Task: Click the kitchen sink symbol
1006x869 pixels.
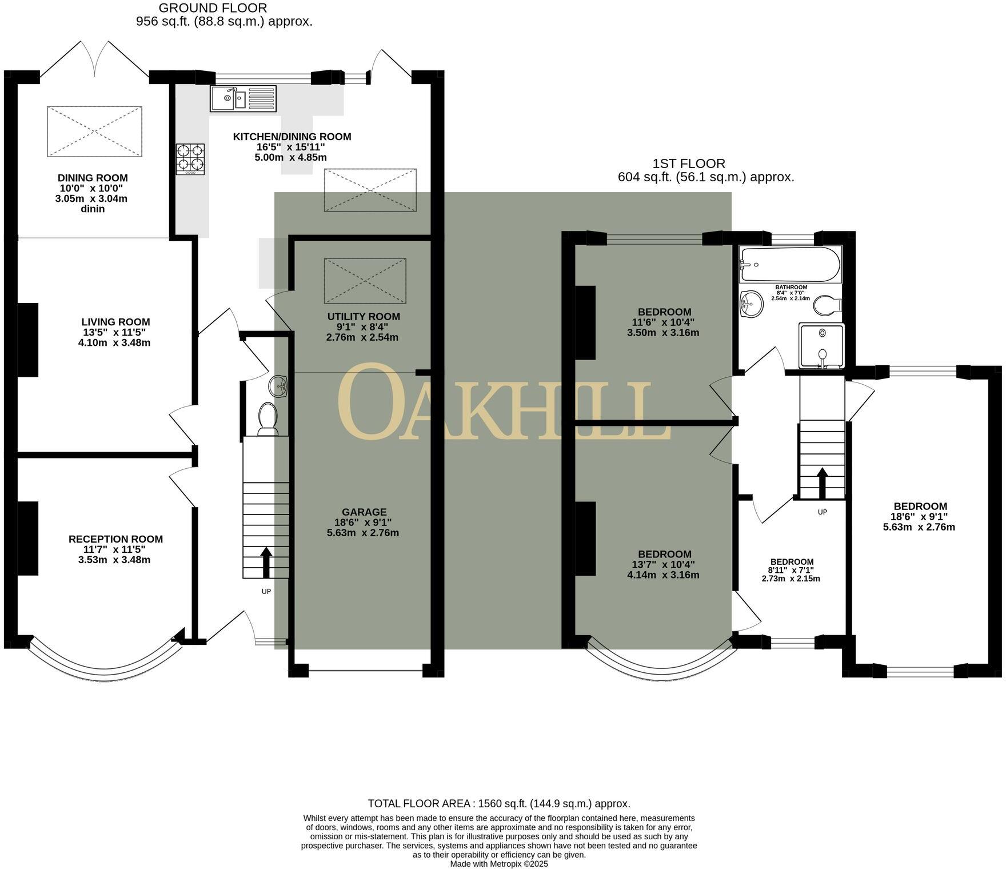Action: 243,98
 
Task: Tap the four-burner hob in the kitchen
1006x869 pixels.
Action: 190,158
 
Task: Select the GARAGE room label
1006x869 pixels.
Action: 364,512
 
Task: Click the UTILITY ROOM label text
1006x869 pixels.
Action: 364,317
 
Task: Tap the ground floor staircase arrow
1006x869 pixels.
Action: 266,563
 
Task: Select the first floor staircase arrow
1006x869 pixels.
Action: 822,484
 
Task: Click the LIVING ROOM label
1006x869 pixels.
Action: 115,322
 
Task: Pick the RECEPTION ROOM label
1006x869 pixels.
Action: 115,539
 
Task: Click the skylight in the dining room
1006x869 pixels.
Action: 94,131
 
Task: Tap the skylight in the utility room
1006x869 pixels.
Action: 365,281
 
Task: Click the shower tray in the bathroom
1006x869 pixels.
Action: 821,345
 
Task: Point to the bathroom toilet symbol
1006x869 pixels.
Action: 827,306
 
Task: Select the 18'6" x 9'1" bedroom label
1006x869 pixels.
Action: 920,507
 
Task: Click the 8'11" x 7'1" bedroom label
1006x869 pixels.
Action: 791,562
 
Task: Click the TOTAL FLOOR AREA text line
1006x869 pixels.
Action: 498,803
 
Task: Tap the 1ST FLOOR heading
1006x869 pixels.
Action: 689,164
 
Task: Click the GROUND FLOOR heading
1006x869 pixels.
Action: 213,8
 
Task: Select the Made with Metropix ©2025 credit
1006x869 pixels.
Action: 498,864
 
